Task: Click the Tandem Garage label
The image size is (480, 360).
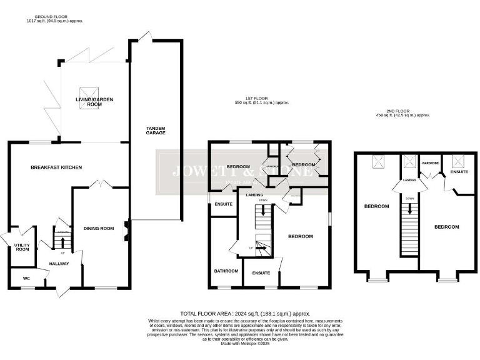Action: point(156,132)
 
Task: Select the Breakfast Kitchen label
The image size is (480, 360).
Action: point(57,167)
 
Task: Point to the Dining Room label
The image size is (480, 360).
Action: point(99,229)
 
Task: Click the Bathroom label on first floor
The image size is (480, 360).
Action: point(226,271)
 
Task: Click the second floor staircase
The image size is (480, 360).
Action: point(409,231)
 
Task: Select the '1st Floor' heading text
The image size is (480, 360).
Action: point(257,98)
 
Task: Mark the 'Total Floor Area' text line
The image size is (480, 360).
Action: point(245,313)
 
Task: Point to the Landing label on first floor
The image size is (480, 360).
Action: point(254,195)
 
